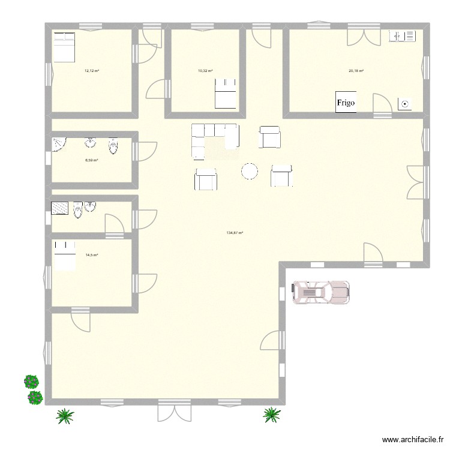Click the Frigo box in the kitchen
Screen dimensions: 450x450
[345, 103]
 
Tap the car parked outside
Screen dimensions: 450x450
[320, 292]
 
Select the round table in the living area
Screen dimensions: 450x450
[250, 172]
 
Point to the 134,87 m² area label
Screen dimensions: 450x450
[235, 233]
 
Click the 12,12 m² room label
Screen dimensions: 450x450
[92, 71]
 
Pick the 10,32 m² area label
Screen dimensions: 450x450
[205, 71]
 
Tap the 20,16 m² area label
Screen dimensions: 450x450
[356, 71]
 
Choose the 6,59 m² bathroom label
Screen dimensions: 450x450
[92, 160]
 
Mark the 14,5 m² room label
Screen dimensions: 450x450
[92, 255]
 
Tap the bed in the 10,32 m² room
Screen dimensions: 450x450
[225, 96]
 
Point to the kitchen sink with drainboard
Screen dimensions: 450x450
[402, 37]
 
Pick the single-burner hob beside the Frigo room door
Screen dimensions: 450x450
[405, 104]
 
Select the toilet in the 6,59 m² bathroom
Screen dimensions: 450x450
[113, 145]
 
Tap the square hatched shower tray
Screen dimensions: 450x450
[61, 208]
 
